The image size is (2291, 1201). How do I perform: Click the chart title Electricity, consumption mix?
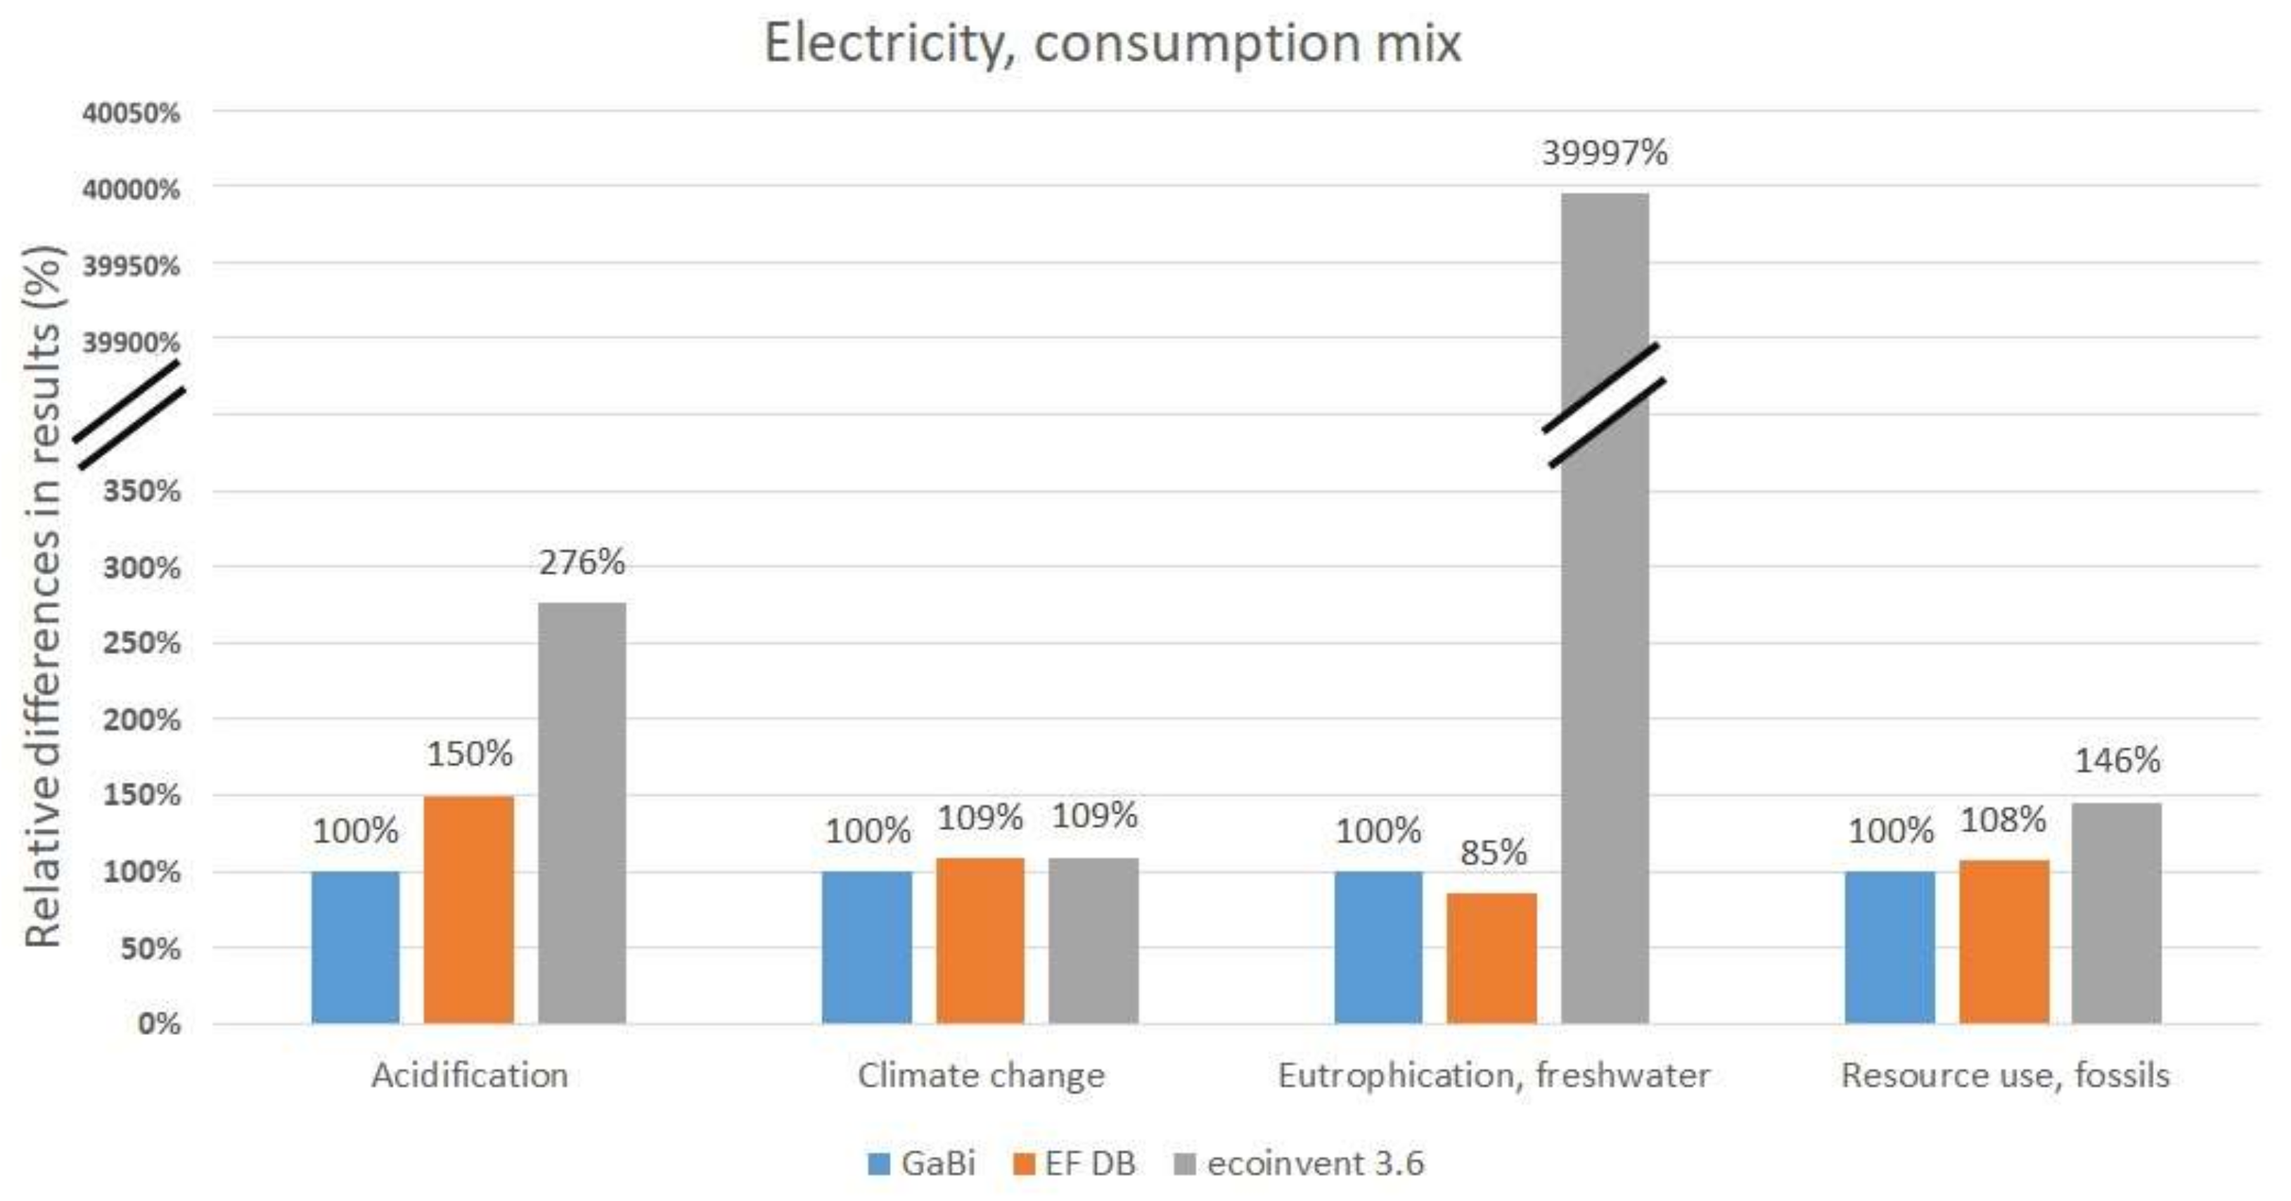[1112, 43]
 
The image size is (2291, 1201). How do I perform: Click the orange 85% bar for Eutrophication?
[1491, 958]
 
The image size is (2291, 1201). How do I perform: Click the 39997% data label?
[1605, 153]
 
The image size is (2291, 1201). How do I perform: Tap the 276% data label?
[582, 562]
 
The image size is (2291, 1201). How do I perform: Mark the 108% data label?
[2003, 820]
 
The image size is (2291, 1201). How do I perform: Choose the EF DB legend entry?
[1074, 1163]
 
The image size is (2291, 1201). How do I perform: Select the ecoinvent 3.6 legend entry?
[1299, 1163]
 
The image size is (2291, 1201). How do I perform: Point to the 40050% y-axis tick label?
[131, 113]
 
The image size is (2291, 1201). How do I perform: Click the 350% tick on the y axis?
[141, 490]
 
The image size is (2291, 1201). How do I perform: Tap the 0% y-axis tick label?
[158, 1023]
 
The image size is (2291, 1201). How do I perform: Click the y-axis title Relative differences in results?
[43, 596]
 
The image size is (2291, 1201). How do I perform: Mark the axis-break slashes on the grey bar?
[1603, 406]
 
